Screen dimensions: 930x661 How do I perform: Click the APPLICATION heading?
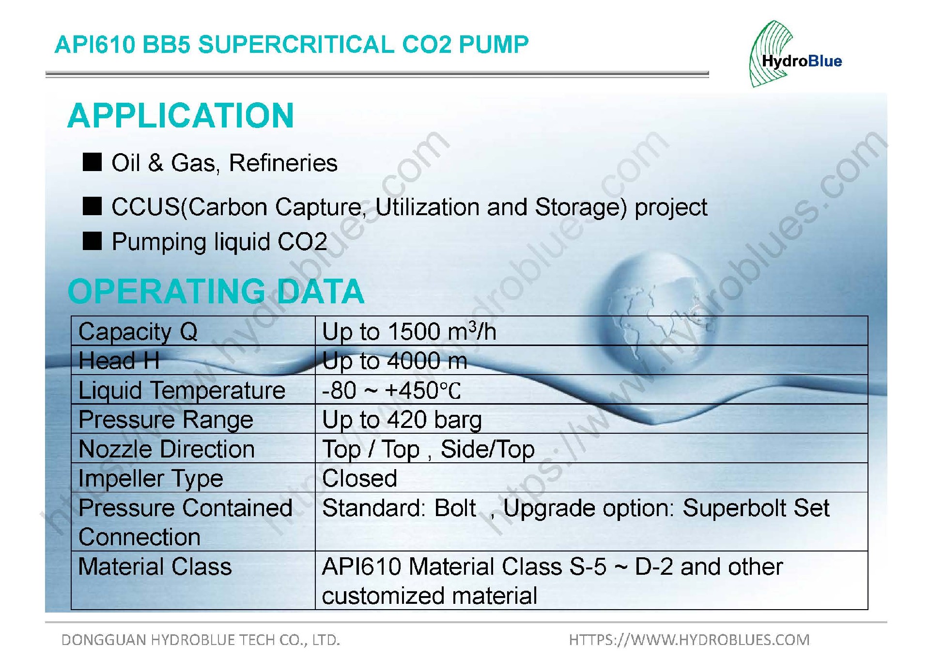[x=181, y=116]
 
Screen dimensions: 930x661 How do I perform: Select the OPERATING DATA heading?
[x=216, y=291]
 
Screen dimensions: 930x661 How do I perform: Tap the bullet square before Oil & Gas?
[x=92, y=162]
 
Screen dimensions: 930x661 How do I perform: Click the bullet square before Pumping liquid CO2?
[x=92, y=241]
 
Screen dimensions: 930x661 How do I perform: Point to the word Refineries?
[x=283, y=163]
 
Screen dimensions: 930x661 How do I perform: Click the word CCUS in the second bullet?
[x=145, y=207]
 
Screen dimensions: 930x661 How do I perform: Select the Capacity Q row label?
[x=138, y=332]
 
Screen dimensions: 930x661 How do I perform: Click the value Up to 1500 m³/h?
[x=409, y=331]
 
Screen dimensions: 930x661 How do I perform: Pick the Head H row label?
[x=119, y=361]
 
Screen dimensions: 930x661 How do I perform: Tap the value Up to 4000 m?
[x=395, y=361]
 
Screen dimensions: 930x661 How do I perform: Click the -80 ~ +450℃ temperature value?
[x=391, y=391]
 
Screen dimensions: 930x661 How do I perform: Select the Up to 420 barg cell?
[x=402, y=420]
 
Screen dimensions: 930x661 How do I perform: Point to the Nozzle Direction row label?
[x=167, y=449]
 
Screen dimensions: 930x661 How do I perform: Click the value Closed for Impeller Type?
[x=359, y=479]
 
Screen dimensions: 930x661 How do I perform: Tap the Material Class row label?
[x=155, y=567]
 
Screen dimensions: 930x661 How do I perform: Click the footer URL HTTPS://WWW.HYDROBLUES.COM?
[x=689, y=640]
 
